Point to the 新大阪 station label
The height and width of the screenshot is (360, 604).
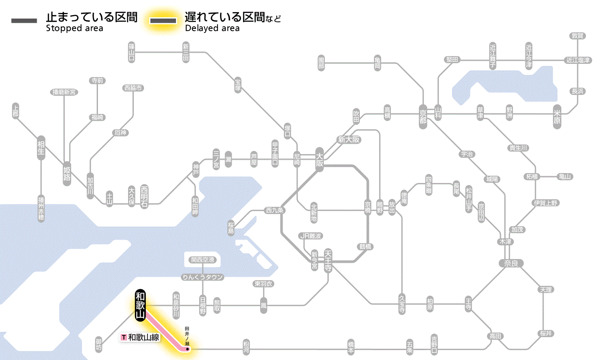(349, 139)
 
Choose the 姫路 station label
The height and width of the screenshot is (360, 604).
(67, 174)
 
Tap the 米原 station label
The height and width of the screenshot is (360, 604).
(558, 117)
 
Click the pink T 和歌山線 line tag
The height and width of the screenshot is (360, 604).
(141, 337)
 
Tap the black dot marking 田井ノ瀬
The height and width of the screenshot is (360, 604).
(188, 349)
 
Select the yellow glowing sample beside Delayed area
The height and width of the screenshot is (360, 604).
(163, 20)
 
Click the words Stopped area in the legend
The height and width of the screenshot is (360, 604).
(75, 28)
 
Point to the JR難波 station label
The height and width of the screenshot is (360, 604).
(311, 236)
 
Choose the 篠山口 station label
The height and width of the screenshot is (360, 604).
(132, 52)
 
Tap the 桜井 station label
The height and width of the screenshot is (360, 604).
(546, 334)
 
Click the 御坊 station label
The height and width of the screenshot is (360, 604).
(99, 344)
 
